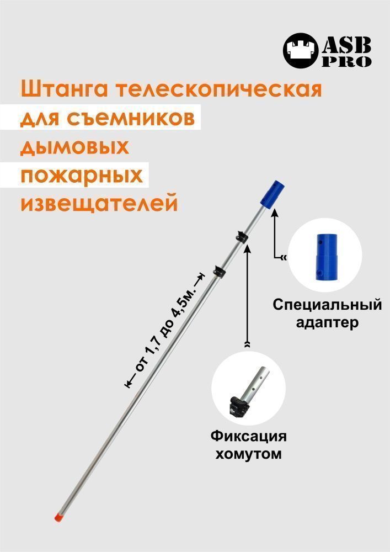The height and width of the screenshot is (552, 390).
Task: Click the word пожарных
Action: point(82,176)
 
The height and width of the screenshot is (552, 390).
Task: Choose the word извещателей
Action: point(99,204)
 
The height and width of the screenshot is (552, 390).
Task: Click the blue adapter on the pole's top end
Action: point(272,193)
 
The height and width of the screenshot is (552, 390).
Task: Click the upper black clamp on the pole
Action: point(242,237)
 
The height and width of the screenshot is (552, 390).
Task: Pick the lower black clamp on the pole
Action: point(219,272)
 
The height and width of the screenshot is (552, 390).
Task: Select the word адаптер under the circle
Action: point(327,322)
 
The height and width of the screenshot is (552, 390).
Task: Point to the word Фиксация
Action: point(249,437)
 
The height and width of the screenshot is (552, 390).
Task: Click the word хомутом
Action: point(248,454)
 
